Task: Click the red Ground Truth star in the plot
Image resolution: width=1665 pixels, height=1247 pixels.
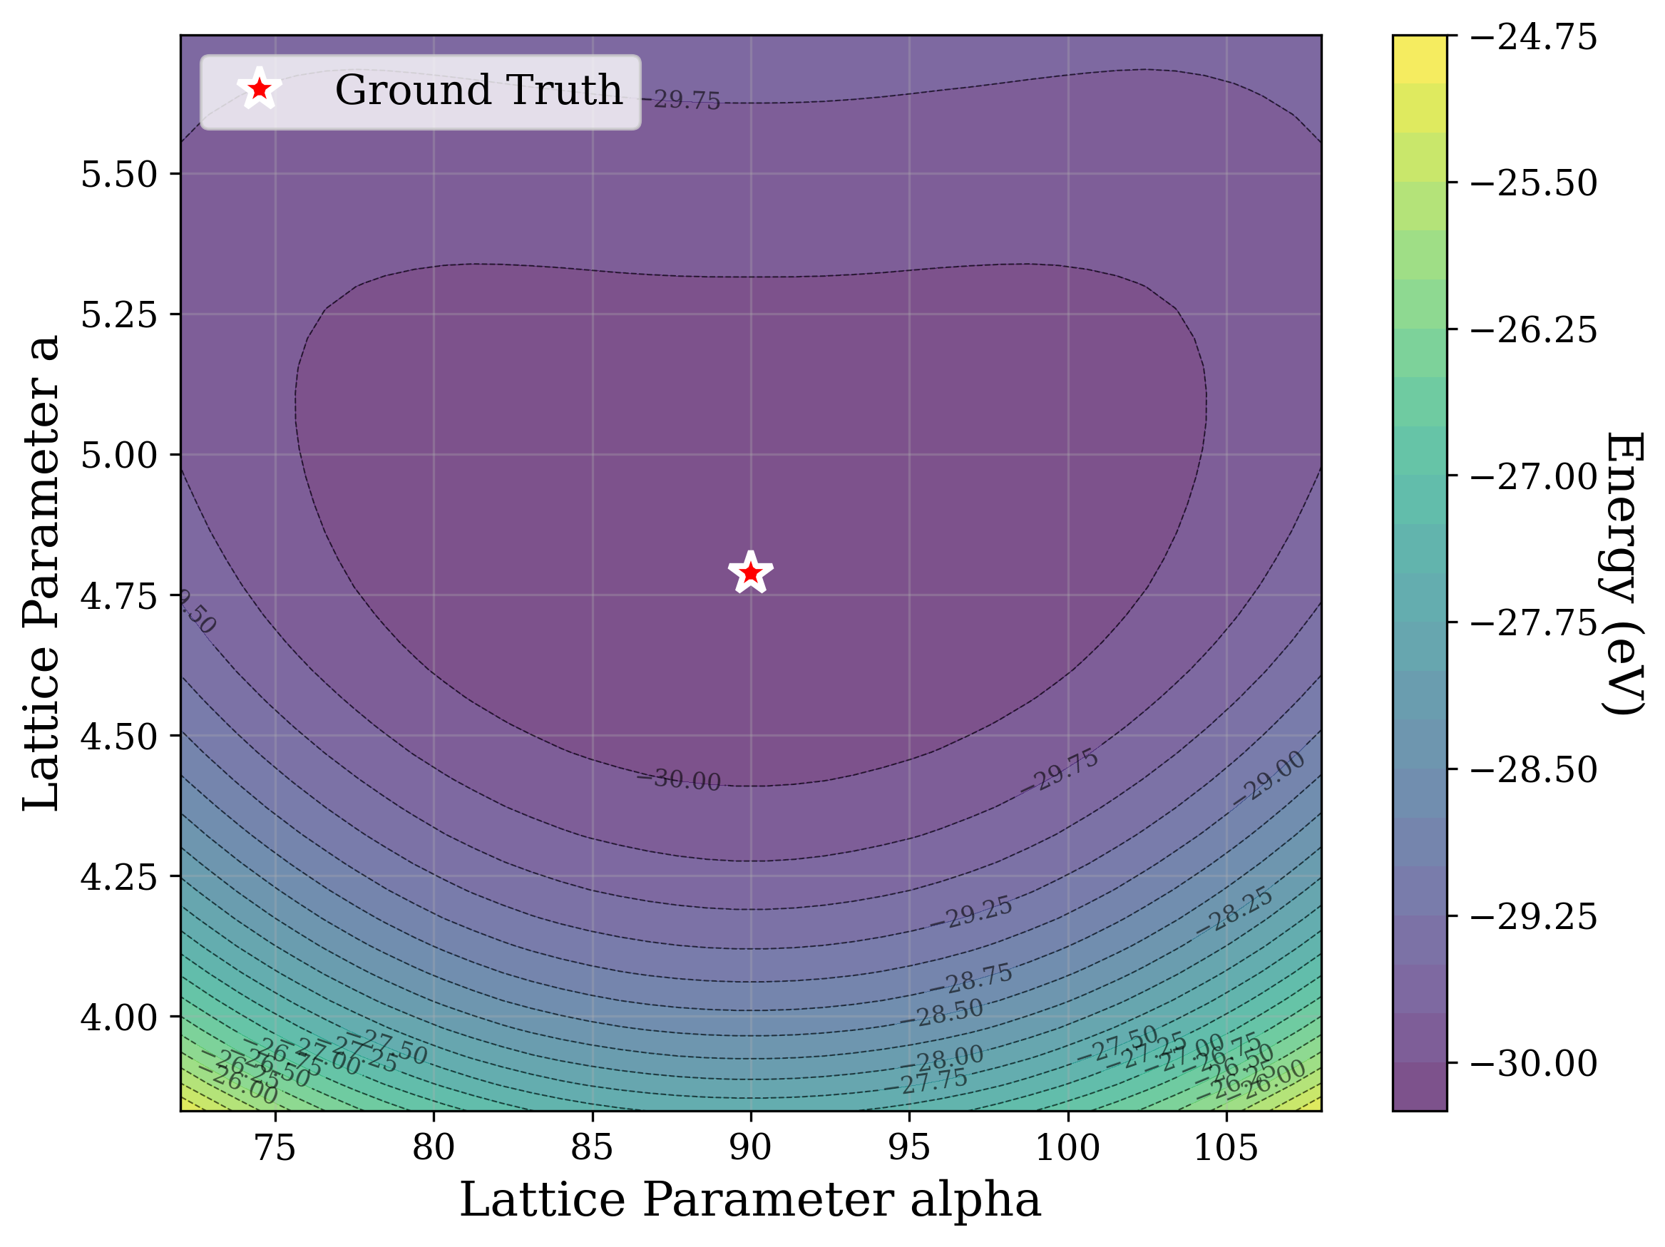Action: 750,573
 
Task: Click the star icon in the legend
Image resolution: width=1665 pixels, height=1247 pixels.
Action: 259,90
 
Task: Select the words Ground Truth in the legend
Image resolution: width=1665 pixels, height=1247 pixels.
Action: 478,91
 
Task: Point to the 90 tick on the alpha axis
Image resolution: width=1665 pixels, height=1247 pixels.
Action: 750,1148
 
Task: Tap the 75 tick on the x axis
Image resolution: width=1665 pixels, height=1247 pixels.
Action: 275,1148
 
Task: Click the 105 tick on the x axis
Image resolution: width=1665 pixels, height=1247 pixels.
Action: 1226,1148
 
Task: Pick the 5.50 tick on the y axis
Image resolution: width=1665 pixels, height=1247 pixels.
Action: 119,175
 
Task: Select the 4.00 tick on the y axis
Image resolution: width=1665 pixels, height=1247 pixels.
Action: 119,1017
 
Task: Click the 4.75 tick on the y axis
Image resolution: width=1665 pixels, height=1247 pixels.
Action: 119,596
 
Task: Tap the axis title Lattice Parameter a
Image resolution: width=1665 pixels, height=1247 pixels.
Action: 41,573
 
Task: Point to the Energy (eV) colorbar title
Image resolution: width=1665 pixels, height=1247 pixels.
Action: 1623,573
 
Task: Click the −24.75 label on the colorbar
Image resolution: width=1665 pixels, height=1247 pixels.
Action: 1532,38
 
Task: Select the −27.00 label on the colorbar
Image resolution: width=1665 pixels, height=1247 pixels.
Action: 1532,477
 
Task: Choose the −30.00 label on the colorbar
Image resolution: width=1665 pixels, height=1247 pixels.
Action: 1532,1063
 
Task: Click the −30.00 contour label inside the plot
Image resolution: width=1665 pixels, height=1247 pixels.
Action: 679,781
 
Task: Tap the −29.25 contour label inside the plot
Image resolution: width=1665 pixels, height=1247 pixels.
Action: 971,913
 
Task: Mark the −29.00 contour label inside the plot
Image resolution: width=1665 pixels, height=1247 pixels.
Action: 1269,779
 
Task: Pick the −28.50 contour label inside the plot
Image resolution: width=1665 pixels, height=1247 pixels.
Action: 943,1013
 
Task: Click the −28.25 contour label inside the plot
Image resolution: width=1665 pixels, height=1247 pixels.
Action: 1234,911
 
